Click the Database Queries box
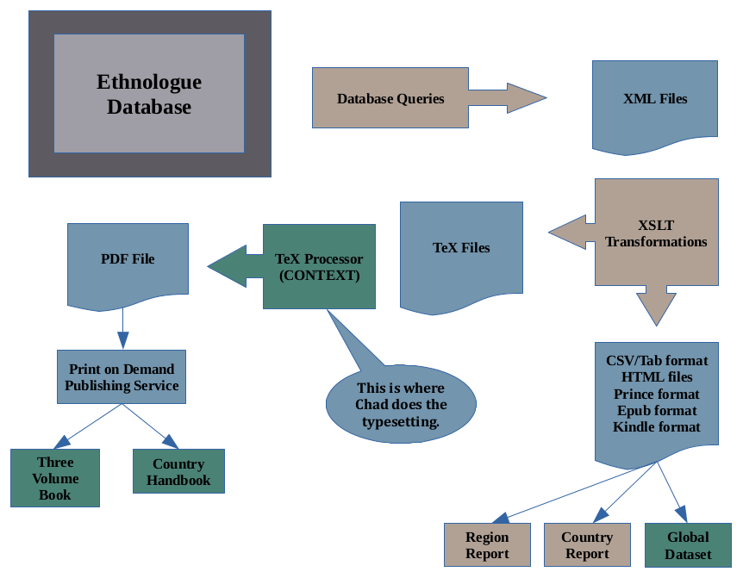click(390, 98)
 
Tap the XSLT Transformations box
click(657, 233)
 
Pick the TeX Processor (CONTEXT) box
click(319, 267)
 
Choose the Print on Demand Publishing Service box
click(122, 377)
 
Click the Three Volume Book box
click(55, 478)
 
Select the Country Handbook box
click(178, 471)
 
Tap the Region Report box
click(487, 545)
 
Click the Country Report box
click(587, 545)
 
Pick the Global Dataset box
click(688, 545)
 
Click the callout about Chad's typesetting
click(401, 405)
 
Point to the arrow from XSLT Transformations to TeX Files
click(571, 233)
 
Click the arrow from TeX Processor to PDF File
click(234, 265)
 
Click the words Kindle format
click(657, 427)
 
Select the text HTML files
click(657, 377)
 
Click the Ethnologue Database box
click(149, 94)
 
